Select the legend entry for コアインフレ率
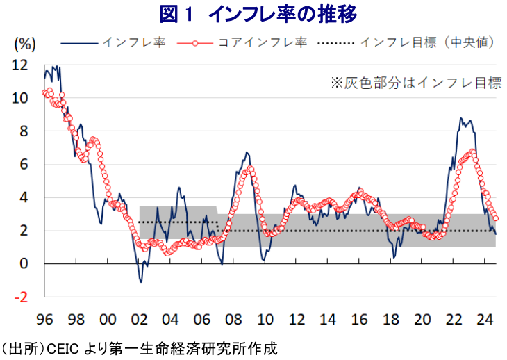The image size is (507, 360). tap(263, 42)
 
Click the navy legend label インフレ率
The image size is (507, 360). tap(134, 42)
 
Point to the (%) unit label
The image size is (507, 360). tap(25, 43)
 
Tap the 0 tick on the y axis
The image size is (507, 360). tap(24, 264)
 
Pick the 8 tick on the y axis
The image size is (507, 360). tap(24, 131)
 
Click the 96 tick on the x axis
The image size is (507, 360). tap(44, 320)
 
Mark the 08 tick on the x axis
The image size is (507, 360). tap(234, 320)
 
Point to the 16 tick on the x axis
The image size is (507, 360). tap(360, 320)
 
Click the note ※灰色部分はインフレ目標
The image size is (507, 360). tap(415, 83)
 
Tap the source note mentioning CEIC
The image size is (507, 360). tap(140, 346)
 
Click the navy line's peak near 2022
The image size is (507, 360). tap(460, 119)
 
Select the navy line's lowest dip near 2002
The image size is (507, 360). tap(141, 281)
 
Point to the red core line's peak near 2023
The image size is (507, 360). tap(472, 151)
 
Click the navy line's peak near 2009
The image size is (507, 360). tap(247, 152)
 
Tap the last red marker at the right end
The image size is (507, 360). tap(494, 218)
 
